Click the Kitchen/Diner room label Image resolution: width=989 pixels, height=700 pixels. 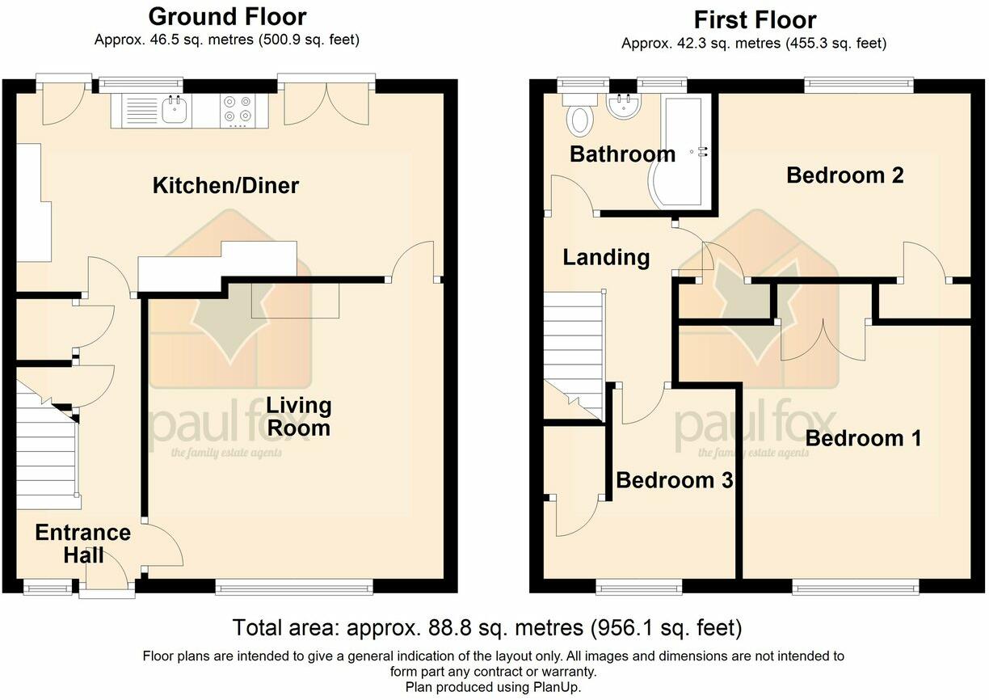(x=225, y=185)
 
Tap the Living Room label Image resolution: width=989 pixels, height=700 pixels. (x=299, y=416)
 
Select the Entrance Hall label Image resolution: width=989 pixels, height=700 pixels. (x=83, y=544)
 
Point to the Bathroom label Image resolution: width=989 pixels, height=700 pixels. (x=622, y=154)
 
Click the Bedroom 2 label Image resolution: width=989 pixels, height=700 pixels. (x=845, y=175)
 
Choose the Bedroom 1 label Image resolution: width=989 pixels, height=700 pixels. (x=863, y=439)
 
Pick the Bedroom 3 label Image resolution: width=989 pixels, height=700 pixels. (x=675, y=480)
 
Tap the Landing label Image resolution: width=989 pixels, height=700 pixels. (x=606, y=258)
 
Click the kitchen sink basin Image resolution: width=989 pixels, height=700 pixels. (x=177, y=110)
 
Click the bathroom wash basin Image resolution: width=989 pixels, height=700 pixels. (x=624, y=106)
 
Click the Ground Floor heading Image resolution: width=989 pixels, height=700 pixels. (x=227, y=17)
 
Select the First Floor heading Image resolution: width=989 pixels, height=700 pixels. (x=755, y=20)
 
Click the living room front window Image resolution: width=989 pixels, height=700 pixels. (x=294, y=588)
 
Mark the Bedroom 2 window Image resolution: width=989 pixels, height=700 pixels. (x=858, y=84)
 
